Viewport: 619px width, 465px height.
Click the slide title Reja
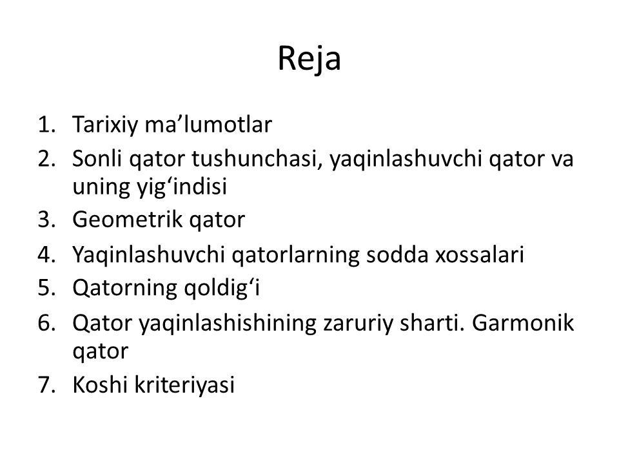tap(309, 59)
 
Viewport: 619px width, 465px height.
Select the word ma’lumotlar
tap(208, 124)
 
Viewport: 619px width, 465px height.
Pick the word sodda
tap(397, 254)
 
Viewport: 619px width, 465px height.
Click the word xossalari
tap(480, 254)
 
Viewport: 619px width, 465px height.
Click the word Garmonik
tap(522, 323)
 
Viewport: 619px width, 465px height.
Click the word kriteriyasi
tap(184, 385)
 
